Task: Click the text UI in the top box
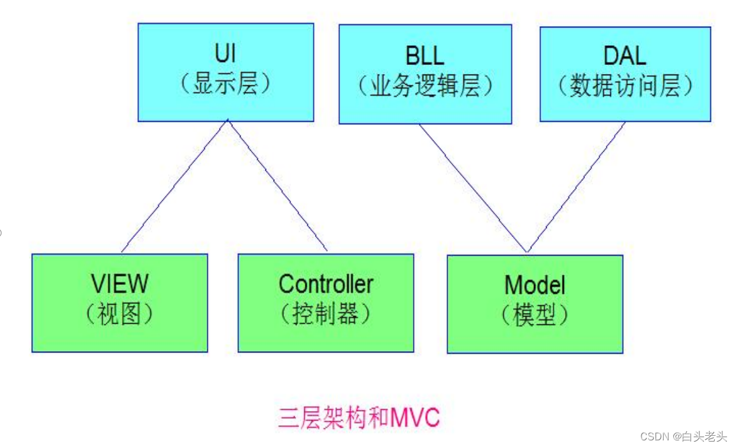click(225, 55)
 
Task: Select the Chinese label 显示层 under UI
click(225, 84)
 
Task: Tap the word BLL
click(425, 55)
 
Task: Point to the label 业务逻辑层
click(425, 86)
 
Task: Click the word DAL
click(624, 55)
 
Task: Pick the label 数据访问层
click(625, 86)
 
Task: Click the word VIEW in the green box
click(120, 284)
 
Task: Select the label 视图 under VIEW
click(120, 314)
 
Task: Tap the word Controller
click(326, 284)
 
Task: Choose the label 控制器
click(326, 314)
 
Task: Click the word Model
click(535, 285)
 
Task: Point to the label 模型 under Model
click(535, 315)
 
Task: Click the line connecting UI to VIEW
click(174, 186)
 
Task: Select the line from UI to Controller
click(277, 186)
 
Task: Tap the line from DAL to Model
click(577, 187)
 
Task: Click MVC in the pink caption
click(415, 419)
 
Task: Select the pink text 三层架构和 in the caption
click(333, 419)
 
